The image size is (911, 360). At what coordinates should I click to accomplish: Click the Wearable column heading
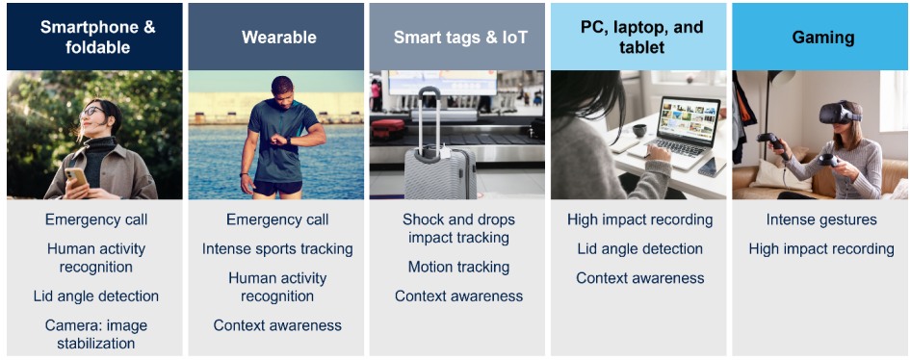pyautogui.click(x=279, y=38)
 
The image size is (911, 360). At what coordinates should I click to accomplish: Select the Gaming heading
pyautogui.click(x=822, y=38)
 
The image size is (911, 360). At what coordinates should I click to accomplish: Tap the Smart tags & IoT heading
pyautogui.click(x=460, y=38)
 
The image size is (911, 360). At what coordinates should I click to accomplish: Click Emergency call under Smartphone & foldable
pyautogui.click(x=96, y=219)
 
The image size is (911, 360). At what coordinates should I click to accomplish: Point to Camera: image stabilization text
pyautogui.click(x=96, y=334)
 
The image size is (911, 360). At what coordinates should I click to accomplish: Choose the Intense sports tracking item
pyautogui.click(x=277, y=249)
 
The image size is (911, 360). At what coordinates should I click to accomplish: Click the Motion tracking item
pyautogui.click(x=458, y=267)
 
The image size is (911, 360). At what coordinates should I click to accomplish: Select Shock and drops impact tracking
pyautogui.click(x=458, y=229)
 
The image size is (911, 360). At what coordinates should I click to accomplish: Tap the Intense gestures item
pyautogui.click(x=821, y=220)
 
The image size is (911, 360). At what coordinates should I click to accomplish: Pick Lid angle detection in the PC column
pyautogui.click(x=639, y=249)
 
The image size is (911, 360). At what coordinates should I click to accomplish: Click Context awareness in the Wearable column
pyautogui.click(x=277, y=325)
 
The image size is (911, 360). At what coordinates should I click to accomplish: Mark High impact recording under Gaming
pyautogui.click(x=821, y=249)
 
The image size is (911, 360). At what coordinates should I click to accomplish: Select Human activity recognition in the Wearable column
pyautogui.click(x=277, y=287)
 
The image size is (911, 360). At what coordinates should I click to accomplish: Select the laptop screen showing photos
pyautogui.click(x=690, y=119)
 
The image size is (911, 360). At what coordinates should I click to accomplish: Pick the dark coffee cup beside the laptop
pyautogui.click(x=639, y=131)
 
